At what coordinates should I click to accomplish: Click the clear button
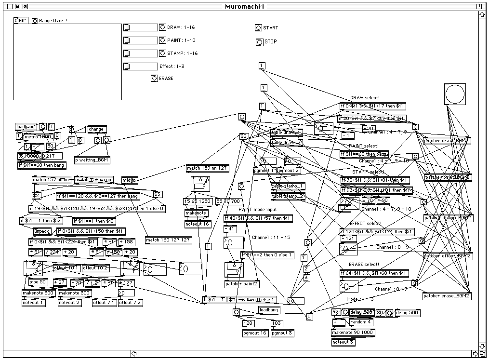[x=20, y=20]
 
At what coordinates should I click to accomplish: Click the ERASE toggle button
[x=154, y=78]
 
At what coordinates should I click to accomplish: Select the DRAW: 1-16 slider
[x=141, y=27]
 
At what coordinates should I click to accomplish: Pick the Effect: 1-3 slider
[x=141, y=67]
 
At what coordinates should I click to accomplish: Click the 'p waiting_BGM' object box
[x=92, y=160]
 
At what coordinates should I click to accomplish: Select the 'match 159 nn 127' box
[x=208, y=168]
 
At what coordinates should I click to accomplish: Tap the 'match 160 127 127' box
[x=168, y=240]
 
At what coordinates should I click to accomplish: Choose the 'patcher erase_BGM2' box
[x=447, y=295]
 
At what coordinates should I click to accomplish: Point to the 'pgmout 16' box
[x=255, y=333]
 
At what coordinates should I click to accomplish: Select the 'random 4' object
[x=360, y=321]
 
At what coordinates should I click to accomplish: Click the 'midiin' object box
[x=130, y=180]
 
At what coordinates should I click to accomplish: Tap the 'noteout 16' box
[x=198, y=224]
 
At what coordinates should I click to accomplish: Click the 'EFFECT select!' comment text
[x=366, y=224]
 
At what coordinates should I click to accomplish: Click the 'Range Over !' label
[x=53, y=21]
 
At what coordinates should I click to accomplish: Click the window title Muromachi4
[x=244, y=6]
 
